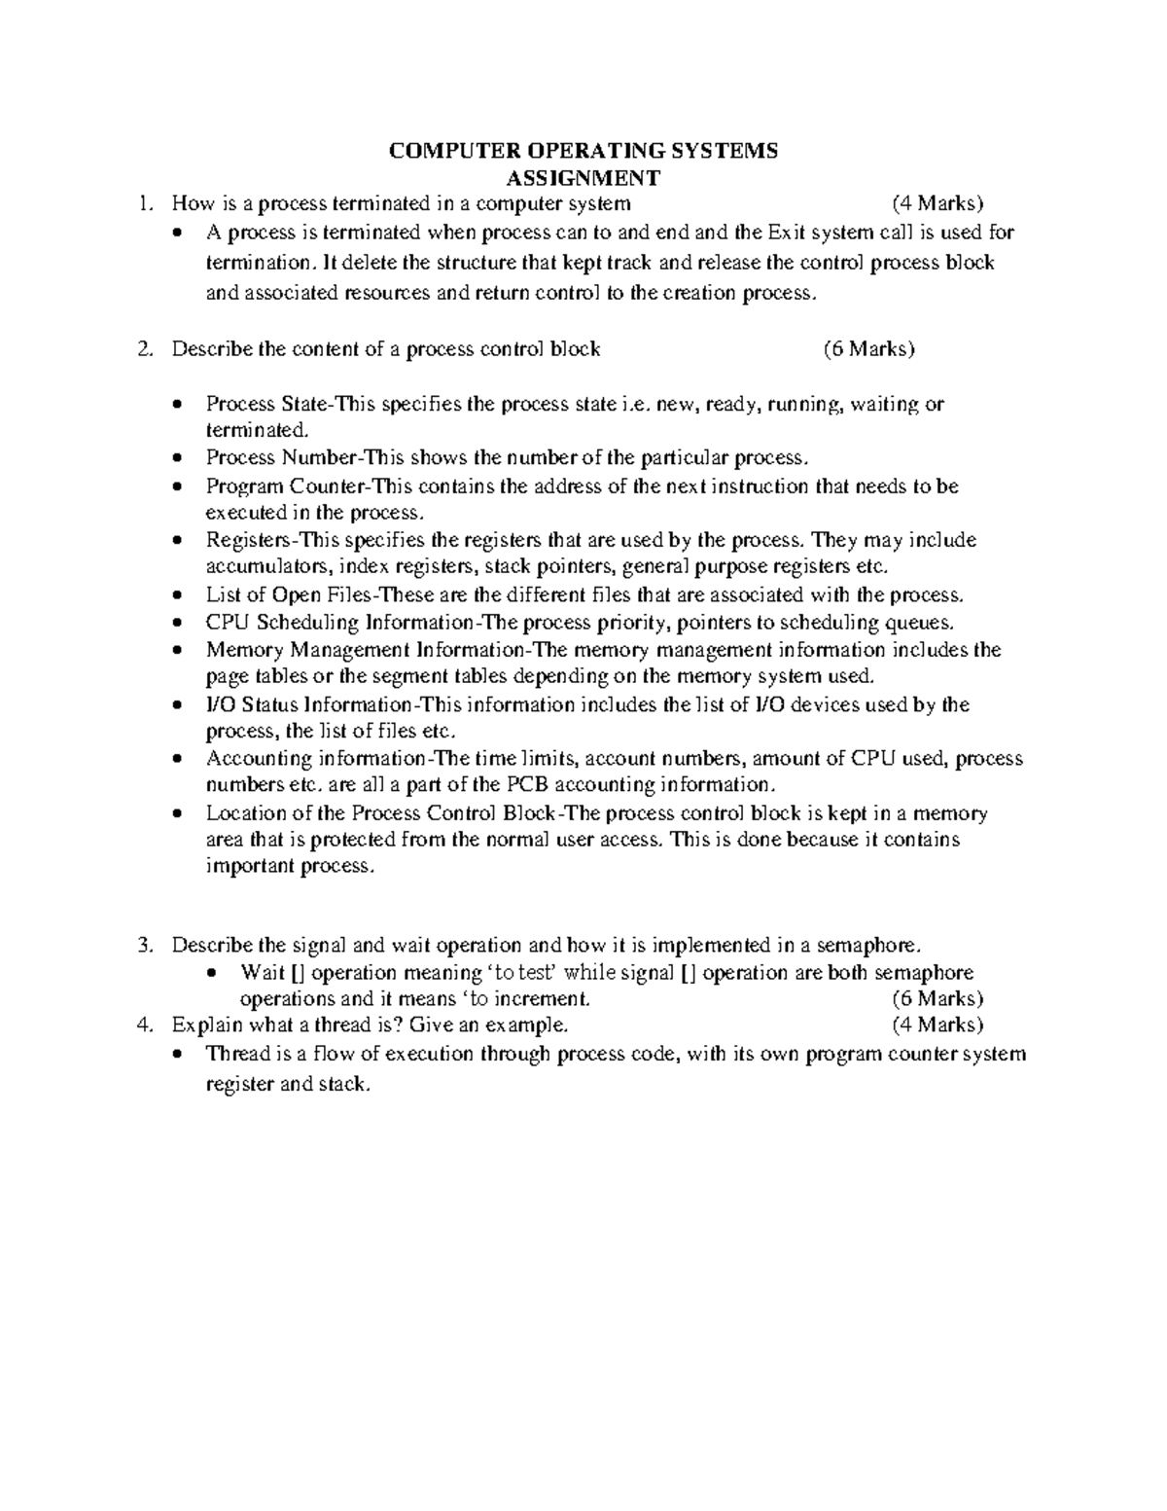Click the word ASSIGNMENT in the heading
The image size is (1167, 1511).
[x=583, y=178]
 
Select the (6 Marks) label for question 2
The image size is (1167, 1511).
[x=868, y=349]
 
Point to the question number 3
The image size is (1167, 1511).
[x=145, y=945]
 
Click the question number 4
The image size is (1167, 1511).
[x=145, y=1025]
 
